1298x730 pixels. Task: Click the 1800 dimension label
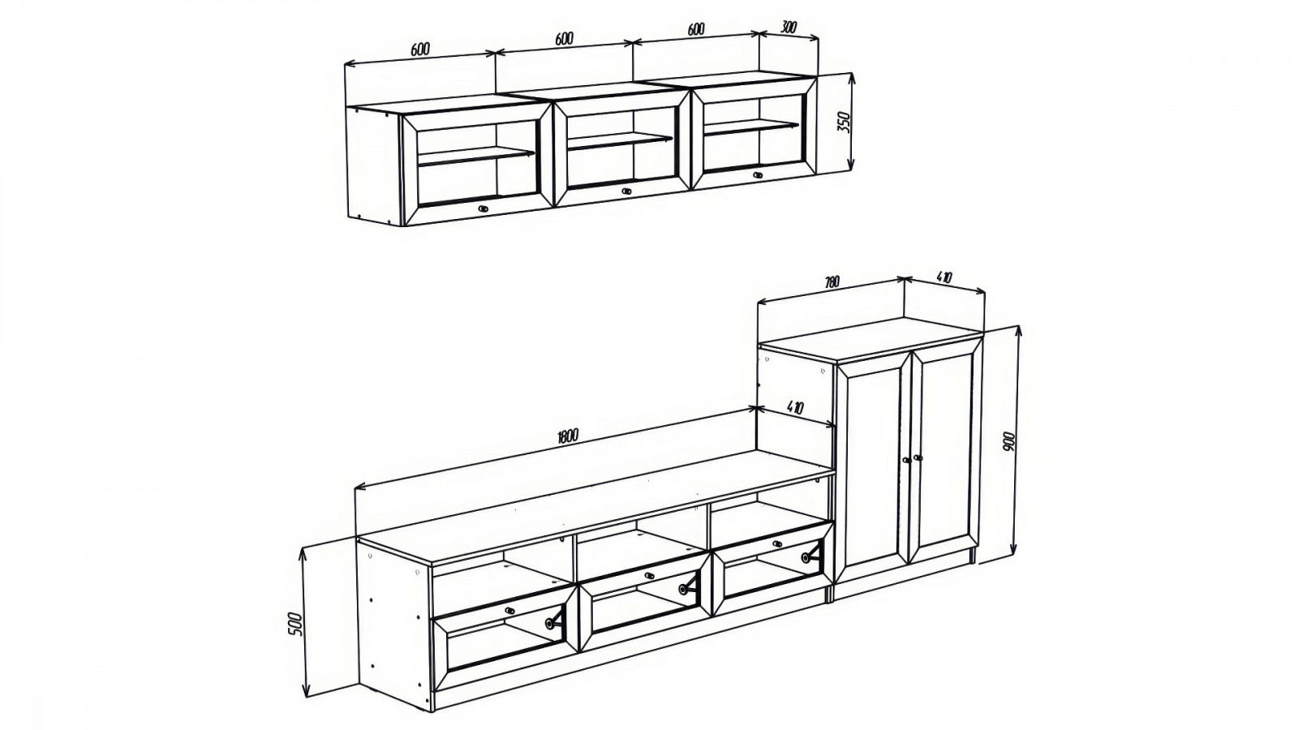(x=567, y=436)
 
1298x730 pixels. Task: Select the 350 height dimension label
(x=843, y=122)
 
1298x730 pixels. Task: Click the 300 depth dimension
(x=789, y=28)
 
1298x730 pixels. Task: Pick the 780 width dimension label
(x=831, y=282)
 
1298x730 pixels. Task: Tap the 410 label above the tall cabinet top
(x=944, y=277)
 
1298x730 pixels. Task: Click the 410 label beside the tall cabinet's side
(x=795, y=408)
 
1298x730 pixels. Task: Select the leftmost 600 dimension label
(x=420, y=49)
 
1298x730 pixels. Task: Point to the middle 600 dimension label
(x=564, y=38)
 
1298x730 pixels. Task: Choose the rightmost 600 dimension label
(x=696, y=29)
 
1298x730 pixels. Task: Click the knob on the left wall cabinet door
(x=484, y=208)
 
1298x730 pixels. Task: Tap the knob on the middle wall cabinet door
(x=626, y=191)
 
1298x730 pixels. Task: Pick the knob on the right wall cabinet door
(x=758, y=174)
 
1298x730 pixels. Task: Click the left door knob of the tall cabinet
(x=905, y=460)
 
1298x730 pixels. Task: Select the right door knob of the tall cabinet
(x=918, y=457)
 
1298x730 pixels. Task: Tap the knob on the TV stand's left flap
(x=509, y=611)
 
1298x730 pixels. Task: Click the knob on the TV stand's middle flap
(x=649, y=575)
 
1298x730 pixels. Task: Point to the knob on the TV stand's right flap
(x=778, y=544)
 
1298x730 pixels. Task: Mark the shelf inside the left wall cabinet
(x=475, y=157)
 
